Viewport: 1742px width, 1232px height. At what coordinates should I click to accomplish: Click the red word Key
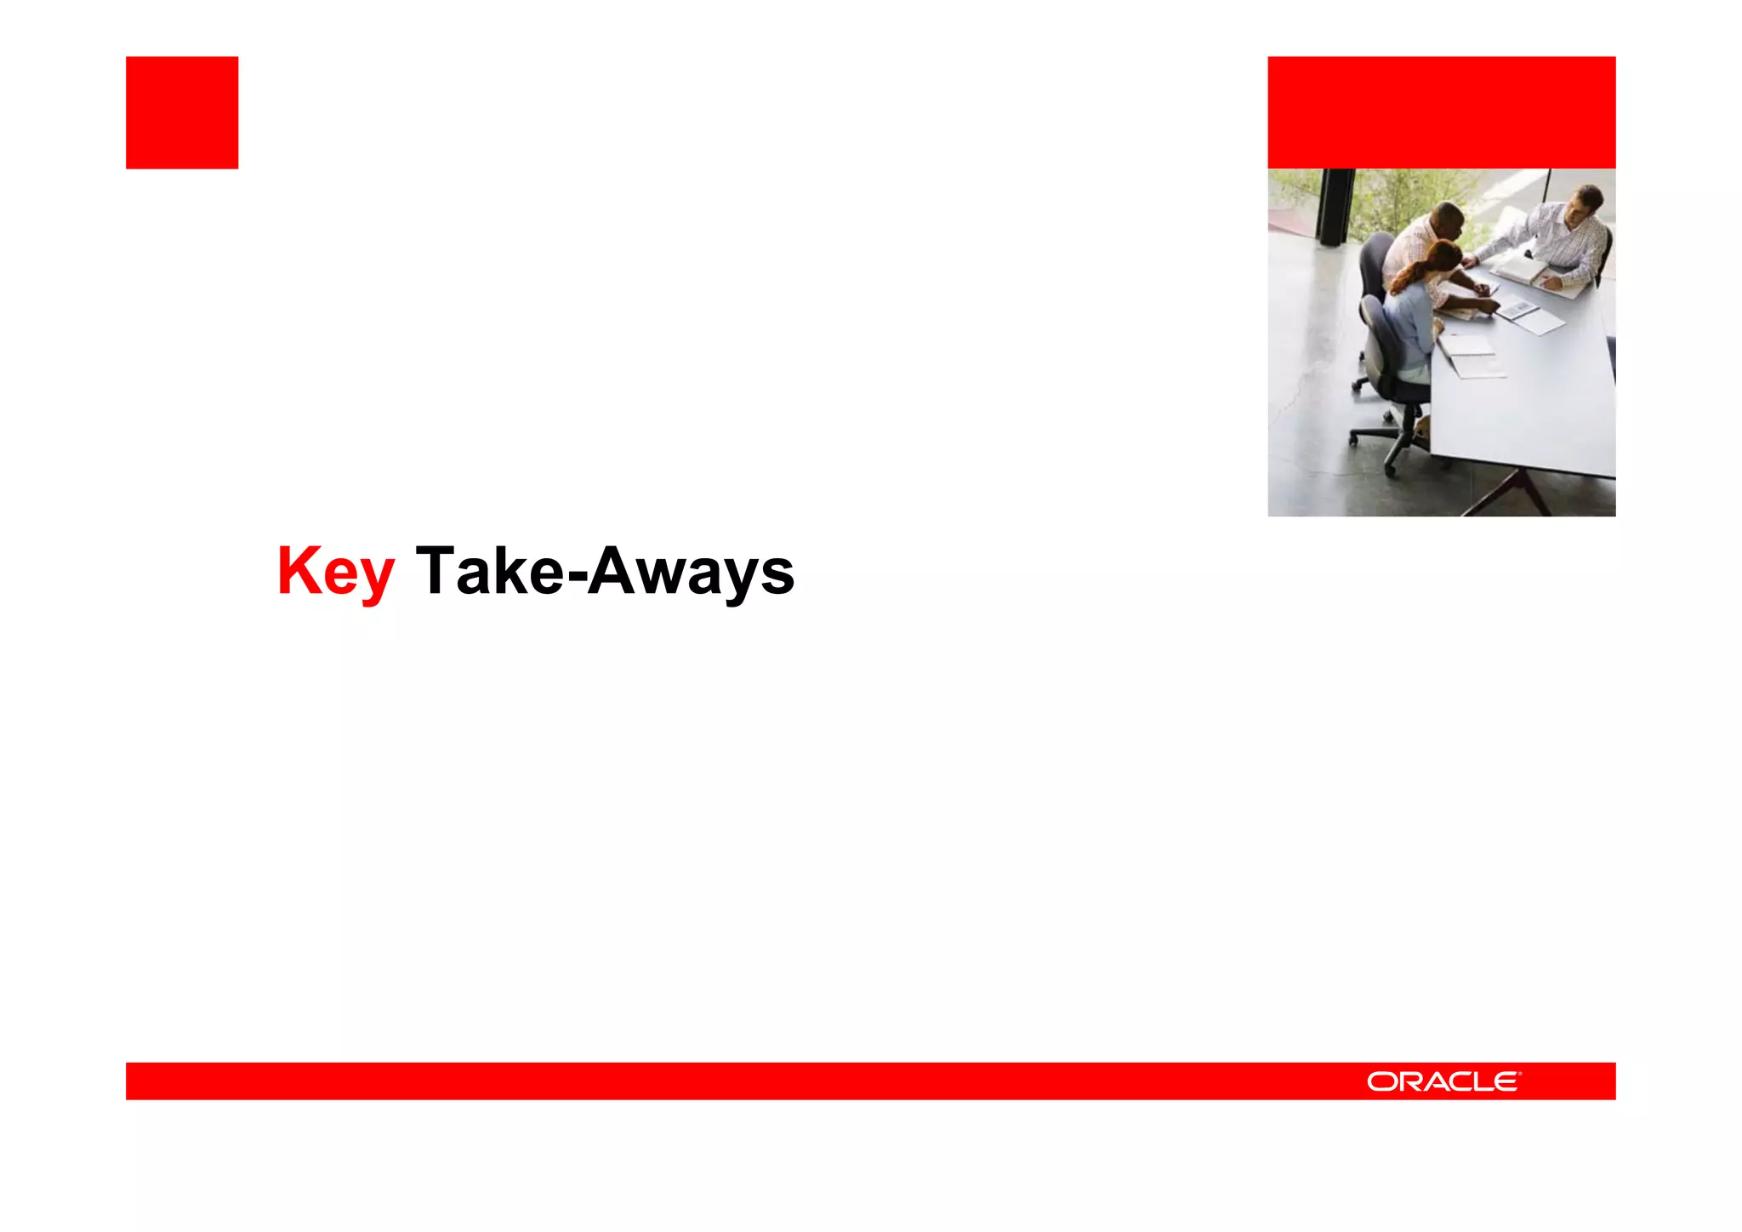(x=335, y=572)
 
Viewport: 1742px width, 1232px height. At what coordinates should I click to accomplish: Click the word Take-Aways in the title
(x=605, y=572)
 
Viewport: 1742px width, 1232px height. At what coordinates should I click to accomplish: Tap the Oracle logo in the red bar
(x=1443, y=1081)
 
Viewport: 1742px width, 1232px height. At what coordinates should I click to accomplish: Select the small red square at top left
(x=182, y=112)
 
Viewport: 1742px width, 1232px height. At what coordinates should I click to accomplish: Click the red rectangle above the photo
(x=1441, y=112)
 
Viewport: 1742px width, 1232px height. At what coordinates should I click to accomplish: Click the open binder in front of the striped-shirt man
(x=1523, y=271)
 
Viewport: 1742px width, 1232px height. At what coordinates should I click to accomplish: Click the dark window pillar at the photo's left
(x=1335, y=204)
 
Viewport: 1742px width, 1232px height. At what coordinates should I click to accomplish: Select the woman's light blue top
(x=1411, y=323)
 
